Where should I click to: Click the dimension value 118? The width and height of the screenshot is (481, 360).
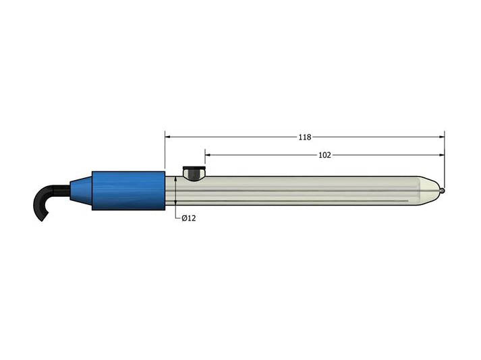click(x=305, y=137)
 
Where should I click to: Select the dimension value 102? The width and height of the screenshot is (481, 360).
click(x=324, y=155)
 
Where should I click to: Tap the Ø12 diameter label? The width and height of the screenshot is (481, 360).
click(x=189, y=218)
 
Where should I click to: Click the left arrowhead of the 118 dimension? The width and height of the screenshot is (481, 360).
click(x=168, y=137)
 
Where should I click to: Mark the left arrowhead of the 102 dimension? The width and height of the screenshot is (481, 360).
click(x=208, y=155)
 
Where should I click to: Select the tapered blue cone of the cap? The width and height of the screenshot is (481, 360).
click(x=81, y=190)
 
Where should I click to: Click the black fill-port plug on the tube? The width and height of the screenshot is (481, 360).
click(x=195, y=173)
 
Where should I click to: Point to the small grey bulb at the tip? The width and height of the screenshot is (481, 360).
click(x=443, y=191)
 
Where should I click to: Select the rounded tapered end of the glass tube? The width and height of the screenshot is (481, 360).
click(x=428, y=191)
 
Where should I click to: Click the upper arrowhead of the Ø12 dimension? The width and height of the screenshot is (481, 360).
click(x=175, y=179)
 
